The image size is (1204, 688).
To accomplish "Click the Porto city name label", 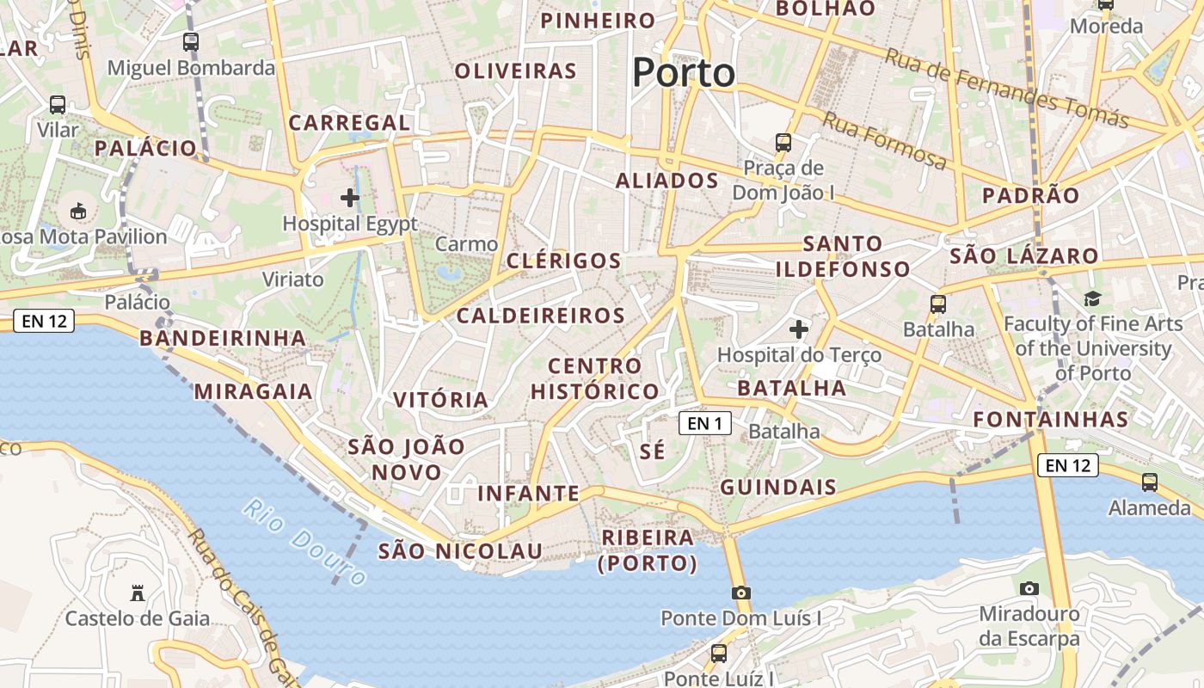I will point(684,72).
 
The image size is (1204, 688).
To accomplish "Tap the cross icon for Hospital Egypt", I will point(350,198).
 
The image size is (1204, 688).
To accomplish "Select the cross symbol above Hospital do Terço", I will point(799,329).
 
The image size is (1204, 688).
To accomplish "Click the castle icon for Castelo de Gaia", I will point(137,593).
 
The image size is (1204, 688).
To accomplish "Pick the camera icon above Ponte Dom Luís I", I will point(740,593).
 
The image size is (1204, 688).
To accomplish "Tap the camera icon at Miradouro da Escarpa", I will point(1029,589).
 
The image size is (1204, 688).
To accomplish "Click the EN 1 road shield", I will point(704,422).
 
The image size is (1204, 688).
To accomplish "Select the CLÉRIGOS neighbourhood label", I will point(563,261).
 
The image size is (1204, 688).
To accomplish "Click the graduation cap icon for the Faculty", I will point(1092,298).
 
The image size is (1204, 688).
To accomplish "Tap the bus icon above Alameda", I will point(1150,482).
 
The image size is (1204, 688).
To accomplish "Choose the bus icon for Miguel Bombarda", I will point(191,41).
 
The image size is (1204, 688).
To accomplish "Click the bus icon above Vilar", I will point(58,105).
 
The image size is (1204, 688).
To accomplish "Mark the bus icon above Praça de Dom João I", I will point(783,142).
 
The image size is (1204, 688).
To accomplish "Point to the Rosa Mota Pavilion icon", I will point(78,210).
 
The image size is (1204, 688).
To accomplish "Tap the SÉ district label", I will point(653,451).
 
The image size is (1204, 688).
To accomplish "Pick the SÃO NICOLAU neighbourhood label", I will point(460,551).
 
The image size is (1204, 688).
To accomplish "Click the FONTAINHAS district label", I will point(1050,419).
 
